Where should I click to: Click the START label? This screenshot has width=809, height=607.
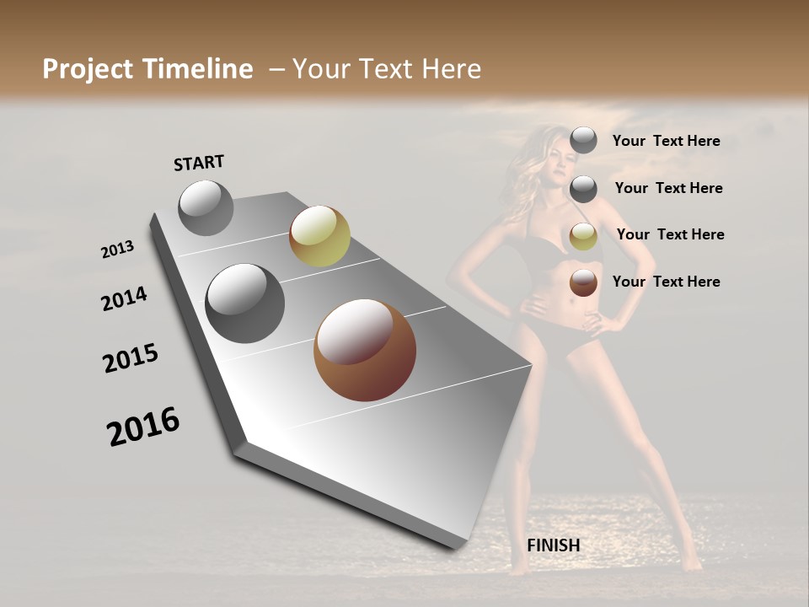pyautogui.click(x=199, y=163)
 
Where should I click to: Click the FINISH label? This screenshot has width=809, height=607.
pyautogui.click(x=554, y=545)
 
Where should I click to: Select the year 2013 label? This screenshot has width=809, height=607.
pyautogui.click(x=117, y=250)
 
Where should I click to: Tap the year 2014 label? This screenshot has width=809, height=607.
pyautogui.click(x=124, y=299)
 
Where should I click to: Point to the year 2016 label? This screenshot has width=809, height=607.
pyautogui.click(x=143, y=427)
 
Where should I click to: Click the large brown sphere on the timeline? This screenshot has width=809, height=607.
pyautogui.click(x=365, y=350)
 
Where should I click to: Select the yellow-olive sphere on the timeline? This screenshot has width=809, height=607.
pyautogui.click(x=319, y=236)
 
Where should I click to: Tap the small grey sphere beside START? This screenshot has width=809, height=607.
pyautogui.click(x=206, y=207)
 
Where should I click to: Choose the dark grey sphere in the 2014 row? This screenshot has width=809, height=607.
pyautogui.click(x=245, y=303)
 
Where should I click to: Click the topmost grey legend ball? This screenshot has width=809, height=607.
pyautogui.click(x=583, y=141)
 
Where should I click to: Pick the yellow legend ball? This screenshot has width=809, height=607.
pyautogui.click(x=583, y=236)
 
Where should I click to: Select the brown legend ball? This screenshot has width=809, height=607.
pyautogui.click(x=583, y=282)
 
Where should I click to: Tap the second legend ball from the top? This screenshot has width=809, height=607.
pyautogui.click(x=583, y=189)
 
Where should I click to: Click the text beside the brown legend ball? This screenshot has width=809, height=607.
pyautogui.click(x=666, y=282)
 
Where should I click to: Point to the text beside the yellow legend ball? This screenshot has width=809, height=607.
pyautogui.click(x=670, y=234)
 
